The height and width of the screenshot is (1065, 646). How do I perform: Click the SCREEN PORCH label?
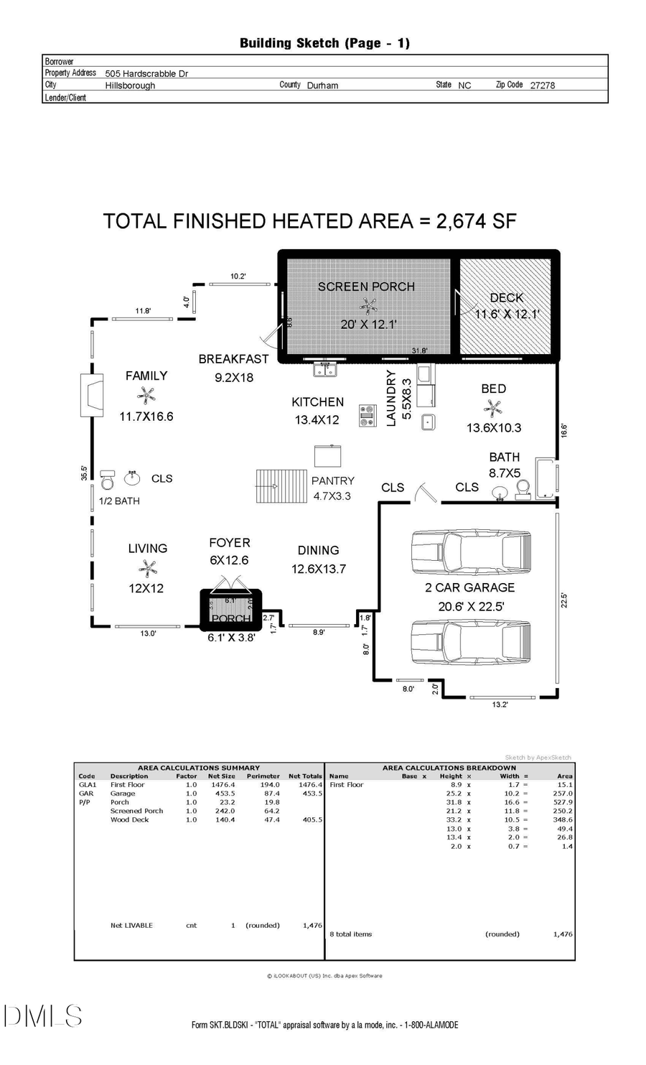pyautogui.click(x=366, y=287)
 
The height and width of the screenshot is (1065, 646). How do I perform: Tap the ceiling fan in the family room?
pyautogui.click(x=146, y=395)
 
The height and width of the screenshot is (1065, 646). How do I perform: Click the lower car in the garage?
pyautogui.click(x=470, y=644)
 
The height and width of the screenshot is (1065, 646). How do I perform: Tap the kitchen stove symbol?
pyautogui.click(x=368, y=416)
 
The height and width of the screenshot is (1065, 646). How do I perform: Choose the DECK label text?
pyautogui.click(x=506, y=297)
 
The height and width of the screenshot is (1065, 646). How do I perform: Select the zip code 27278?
pyautogui.click(x=543, y=85)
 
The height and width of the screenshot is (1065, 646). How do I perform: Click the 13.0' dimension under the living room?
pyautogui.click(x=148, y=633)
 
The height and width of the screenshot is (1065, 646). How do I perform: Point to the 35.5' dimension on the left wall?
pyautogui.click(x=84, y=473)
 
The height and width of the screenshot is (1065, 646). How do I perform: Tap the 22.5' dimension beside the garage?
pyautogui.click(x=563, y=600)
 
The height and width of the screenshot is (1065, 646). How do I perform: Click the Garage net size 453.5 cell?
pyautogui.click(x=225, y=794)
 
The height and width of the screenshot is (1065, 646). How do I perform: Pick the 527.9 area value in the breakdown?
pyautogui.click(x=563, y=802)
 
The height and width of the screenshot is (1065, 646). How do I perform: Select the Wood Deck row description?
pyautogui.click(x=130, y=819)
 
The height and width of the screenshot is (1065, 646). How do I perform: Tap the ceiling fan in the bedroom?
pyautogui.click(x=493, y=409)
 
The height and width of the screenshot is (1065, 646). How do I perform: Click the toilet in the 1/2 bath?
pyautogui.click(x=108, y=480)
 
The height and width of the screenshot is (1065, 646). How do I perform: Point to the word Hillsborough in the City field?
pyautogui.click(x=130, y=85)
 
